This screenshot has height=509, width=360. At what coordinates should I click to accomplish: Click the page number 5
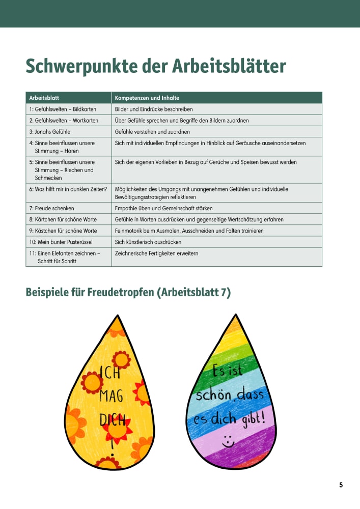pos(341,485)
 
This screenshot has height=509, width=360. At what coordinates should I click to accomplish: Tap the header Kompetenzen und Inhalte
pos(147,98)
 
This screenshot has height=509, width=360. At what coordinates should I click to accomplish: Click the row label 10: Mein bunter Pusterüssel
pos(62,242)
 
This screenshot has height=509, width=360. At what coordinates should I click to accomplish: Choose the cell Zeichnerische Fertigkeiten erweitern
pos(157,253)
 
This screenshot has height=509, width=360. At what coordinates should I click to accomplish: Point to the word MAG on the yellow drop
pos(111,395)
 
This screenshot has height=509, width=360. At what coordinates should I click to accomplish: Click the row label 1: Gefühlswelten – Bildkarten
pos(63,109)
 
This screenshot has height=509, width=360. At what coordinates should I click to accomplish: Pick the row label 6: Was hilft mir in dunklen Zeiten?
pos(68,189)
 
